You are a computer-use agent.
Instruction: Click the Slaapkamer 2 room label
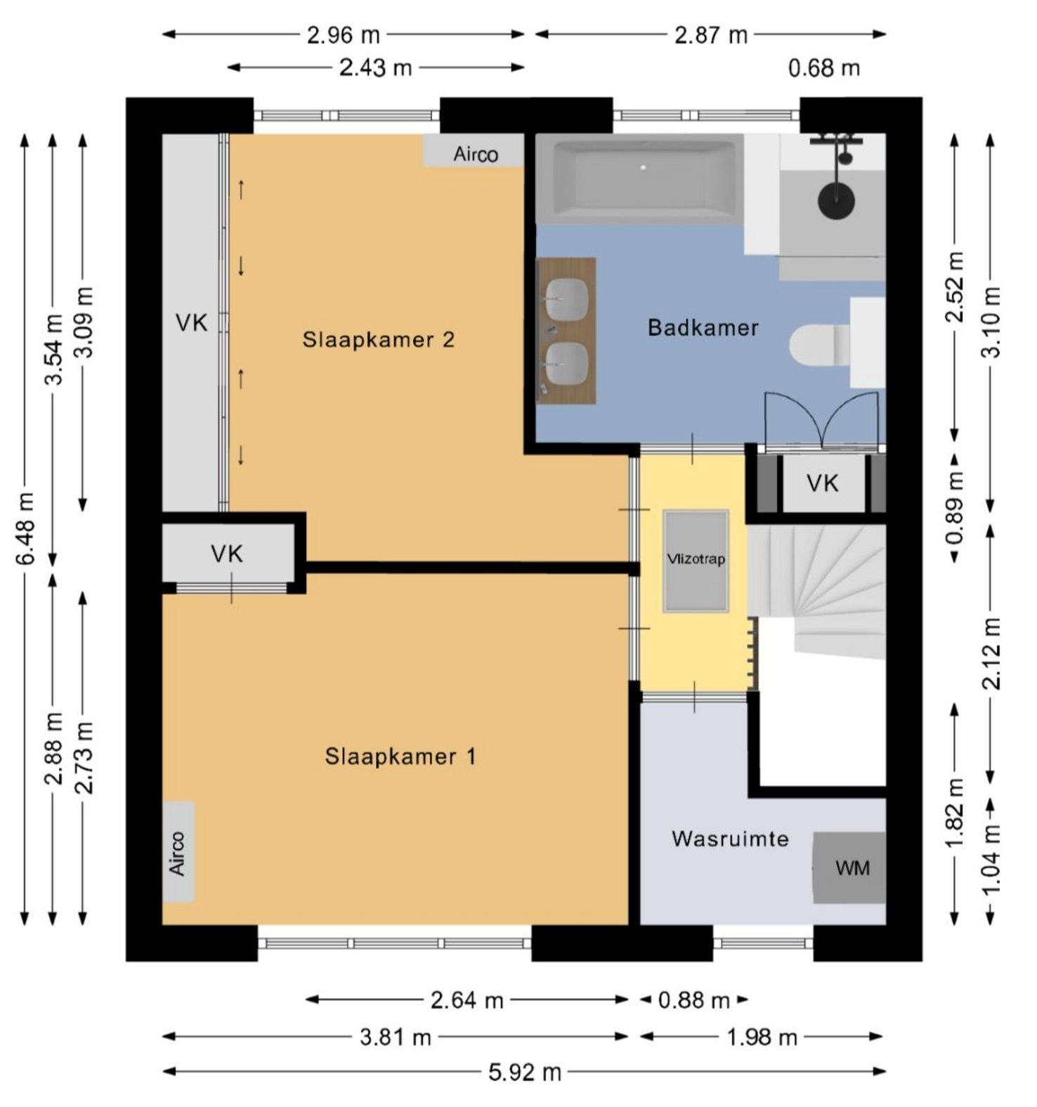click(x=378, y=340)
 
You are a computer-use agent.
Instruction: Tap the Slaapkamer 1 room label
click(x=400, y=756)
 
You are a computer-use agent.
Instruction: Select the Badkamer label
click(x=703, y=328)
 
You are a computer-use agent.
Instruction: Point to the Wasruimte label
click(x=730, y=839)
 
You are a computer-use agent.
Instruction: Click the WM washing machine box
click(x=849, y=868)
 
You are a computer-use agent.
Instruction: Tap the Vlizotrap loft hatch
click(x=696, y=561)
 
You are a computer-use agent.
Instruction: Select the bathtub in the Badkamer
click(x=640, y=178)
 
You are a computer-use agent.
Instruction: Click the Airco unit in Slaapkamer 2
click(x=474, y=152)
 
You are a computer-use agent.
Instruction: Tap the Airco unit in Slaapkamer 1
click(x=178, y=852)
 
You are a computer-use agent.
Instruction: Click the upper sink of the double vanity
click(x=566, y=299)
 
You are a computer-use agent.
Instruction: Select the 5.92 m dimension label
click(x=525, y=1072)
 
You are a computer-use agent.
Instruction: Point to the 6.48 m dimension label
click(x=25, y=528)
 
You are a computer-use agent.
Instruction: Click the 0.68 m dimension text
click(x=824, y=68)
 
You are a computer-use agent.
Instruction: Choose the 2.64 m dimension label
click(x=467, y=1000)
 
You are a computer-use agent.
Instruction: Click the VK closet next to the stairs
click(x=822, y=483)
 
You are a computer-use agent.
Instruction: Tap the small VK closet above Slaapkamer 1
click(x=228, y=553)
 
